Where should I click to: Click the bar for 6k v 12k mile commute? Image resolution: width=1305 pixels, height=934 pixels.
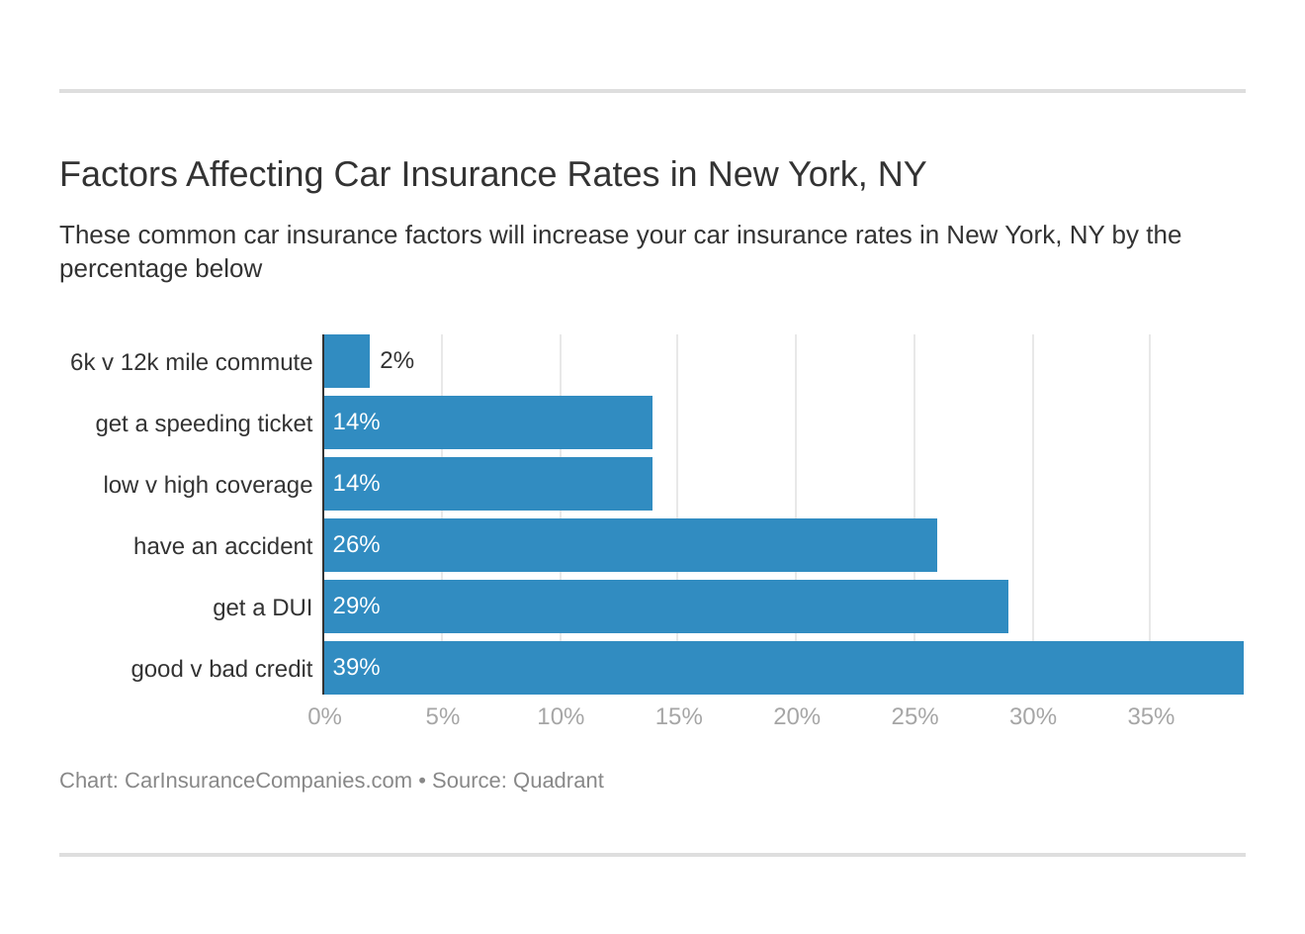[346, 361]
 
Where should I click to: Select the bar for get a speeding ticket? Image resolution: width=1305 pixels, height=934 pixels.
[488, 422]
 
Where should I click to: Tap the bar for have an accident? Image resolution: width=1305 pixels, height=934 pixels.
[631, 545]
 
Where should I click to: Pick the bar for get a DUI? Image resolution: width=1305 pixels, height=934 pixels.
[666, 607]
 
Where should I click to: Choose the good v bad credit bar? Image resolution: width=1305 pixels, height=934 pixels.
[784, 668]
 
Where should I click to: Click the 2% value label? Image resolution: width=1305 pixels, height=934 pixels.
[396, 360]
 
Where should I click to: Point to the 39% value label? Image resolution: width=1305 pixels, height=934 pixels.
[356, 667]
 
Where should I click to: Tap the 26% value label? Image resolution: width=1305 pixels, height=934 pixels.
[356, 544]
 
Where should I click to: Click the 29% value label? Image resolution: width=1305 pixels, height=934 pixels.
[356, 606]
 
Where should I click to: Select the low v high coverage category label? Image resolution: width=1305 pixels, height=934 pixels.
[208, 485]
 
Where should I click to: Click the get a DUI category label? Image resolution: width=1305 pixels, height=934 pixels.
[262, 607]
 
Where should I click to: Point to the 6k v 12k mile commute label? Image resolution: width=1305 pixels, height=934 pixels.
[191, 362]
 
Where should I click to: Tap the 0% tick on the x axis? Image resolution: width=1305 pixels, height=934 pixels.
[324, 716]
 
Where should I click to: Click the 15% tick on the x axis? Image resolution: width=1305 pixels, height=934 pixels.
[678, 716]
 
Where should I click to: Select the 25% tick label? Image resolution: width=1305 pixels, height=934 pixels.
[914, 716]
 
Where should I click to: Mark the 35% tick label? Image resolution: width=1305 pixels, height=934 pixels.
[1151, 716]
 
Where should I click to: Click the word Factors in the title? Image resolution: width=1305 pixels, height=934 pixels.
[119, 174]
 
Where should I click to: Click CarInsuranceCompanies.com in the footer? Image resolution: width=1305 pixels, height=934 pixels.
[268, 781]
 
